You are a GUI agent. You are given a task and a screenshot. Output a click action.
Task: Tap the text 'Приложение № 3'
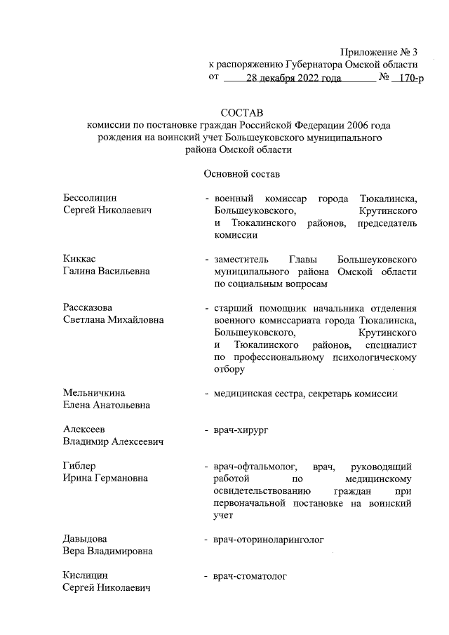378,53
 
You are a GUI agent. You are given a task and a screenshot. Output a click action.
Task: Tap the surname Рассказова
88,308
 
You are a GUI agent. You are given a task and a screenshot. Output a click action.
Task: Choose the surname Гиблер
79,466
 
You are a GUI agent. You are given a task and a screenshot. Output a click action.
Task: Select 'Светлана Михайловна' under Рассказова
114,320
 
